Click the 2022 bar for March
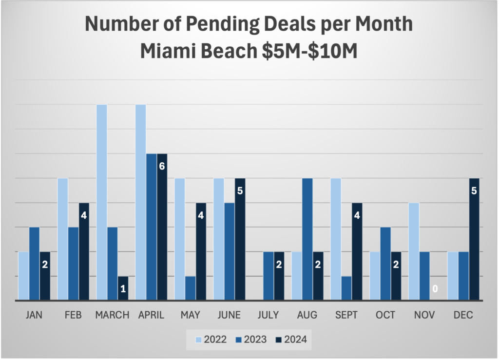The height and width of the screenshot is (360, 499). [x=102, y=202]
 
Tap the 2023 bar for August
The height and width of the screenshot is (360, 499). [x=307, y=239]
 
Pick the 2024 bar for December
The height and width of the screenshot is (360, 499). [x=474, y=239]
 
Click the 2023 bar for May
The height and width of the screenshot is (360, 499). [x=191, y=288]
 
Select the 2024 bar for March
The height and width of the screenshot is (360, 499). [x=123, y=288]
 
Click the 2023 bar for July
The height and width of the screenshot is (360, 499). [x=269, y=276]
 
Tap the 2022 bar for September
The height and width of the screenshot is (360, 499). [x=336, y=239]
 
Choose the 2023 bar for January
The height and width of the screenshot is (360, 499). [x=34, y=264]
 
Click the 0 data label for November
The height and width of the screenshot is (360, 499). [x=435, y=289]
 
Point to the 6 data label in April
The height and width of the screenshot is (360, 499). [x=162, y=166]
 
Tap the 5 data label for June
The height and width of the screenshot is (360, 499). [x=240, y=190]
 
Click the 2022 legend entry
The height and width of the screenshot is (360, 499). [x=211, y=340]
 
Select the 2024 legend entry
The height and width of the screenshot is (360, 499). [x=290, y=340]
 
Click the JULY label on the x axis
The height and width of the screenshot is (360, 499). [x=269, y=315]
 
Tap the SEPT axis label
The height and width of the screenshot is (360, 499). [x=346, y=315]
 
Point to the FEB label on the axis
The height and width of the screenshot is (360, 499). [x=73, y=315]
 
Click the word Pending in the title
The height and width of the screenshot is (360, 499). [x=207, y=24]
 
